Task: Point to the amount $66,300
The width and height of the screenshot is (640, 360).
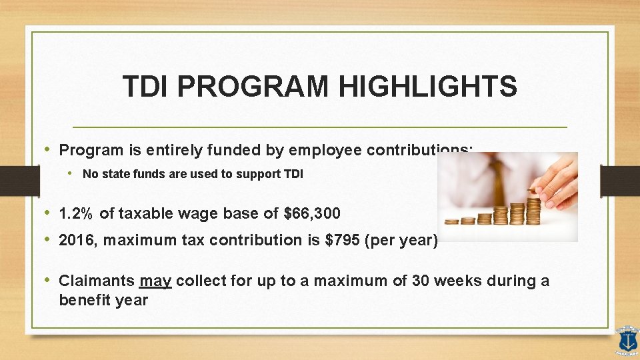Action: (x=312, y=214)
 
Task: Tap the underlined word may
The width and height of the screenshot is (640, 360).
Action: (x=157, y=281)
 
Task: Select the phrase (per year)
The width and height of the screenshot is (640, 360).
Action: (x=401, y=241)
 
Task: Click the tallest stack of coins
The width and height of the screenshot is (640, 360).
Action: (x=533, y=207)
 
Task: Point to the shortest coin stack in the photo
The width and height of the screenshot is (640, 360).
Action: (x=451, y=221)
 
